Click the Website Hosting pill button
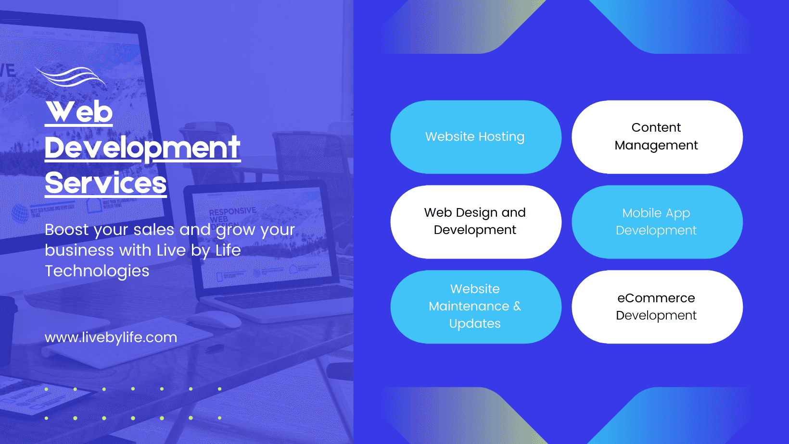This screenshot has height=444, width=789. [x=475, y=137]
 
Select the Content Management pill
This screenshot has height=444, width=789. [x=657, y=137]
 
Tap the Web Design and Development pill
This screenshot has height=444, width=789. [x=475, y=222]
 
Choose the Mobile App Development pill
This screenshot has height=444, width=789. [x=657, y=222]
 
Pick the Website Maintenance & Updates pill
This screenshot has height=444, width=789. [x=475, y=307]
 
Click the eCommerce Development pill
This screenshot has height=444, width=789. [x=657, y=307]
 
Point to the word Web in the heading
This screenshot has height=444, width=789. [x=79, y=112]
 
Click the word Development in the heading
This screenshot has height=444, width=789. [x=142, y=148]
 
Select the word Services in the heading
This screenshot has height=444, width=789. [x=106, y=183]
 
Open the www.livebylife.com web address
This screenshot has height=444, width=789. [x=111, y=337]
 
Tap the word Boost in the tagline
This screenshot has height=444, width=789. [x=67, y=230]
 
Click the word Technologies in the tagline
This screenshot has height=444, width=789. [x=97, y=271]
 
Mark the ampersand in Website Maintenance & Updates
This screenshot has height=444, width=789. [x=517, y=306]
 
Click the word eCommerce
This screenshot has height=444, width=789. [x=656, y=298]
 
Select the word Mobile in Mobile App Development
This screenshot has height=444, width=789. [x=642, y=213]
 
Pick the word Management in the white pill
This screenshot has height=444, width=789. [x=656, y=146]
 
